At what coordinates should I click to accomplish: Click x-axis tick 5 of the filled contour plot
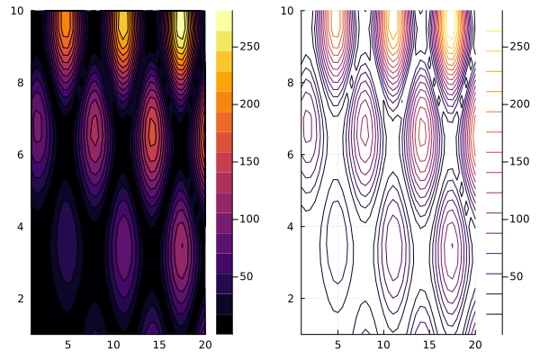[67, 344]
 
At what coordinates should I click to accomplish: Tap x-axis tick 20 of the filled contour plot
[203, 344]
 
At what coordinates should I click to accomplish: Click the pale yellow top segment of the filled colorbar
[224, 16]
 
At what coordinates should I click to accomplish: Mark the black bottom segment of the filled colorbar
[224, 324]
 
